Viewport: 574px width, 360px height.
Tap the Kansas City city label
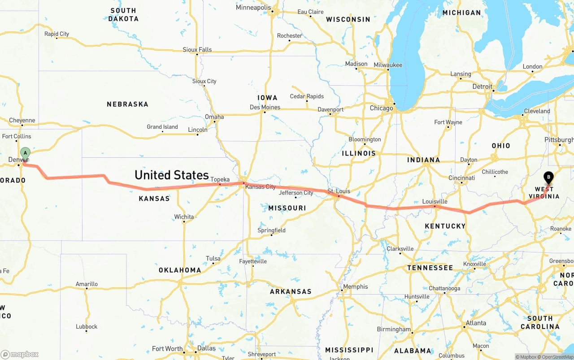coord(261,187)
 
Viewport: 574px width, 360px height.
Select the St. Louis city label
coord(339,191)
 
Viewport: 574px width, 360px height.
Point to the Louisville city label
coord(435,201)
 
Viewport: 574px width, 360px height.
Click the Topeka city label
coord(220,179)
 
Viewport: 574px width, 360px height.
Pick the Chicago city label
coord(381,108)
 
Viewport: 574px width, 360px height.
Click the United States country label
coord(172,175)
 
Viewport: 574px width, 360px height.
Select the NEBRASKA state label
coord(127,104)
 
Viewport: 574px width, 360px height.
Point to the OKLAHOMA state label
coord(180,270)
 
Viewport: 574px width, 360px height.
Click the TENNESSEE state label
coord(430,268)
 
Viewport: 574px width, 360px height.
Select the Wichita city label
coord(184,217)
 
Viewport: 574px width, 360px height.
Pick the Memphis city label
coord(355,286)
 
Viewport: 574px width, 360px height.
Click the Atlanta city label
coord(475,323)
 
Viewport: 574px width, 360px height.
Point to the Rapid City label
coord(57,34)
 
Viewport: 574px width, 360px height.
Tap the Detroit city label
coord(482,87)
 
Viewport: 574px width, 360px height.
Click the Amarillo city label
coord(87,284)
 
